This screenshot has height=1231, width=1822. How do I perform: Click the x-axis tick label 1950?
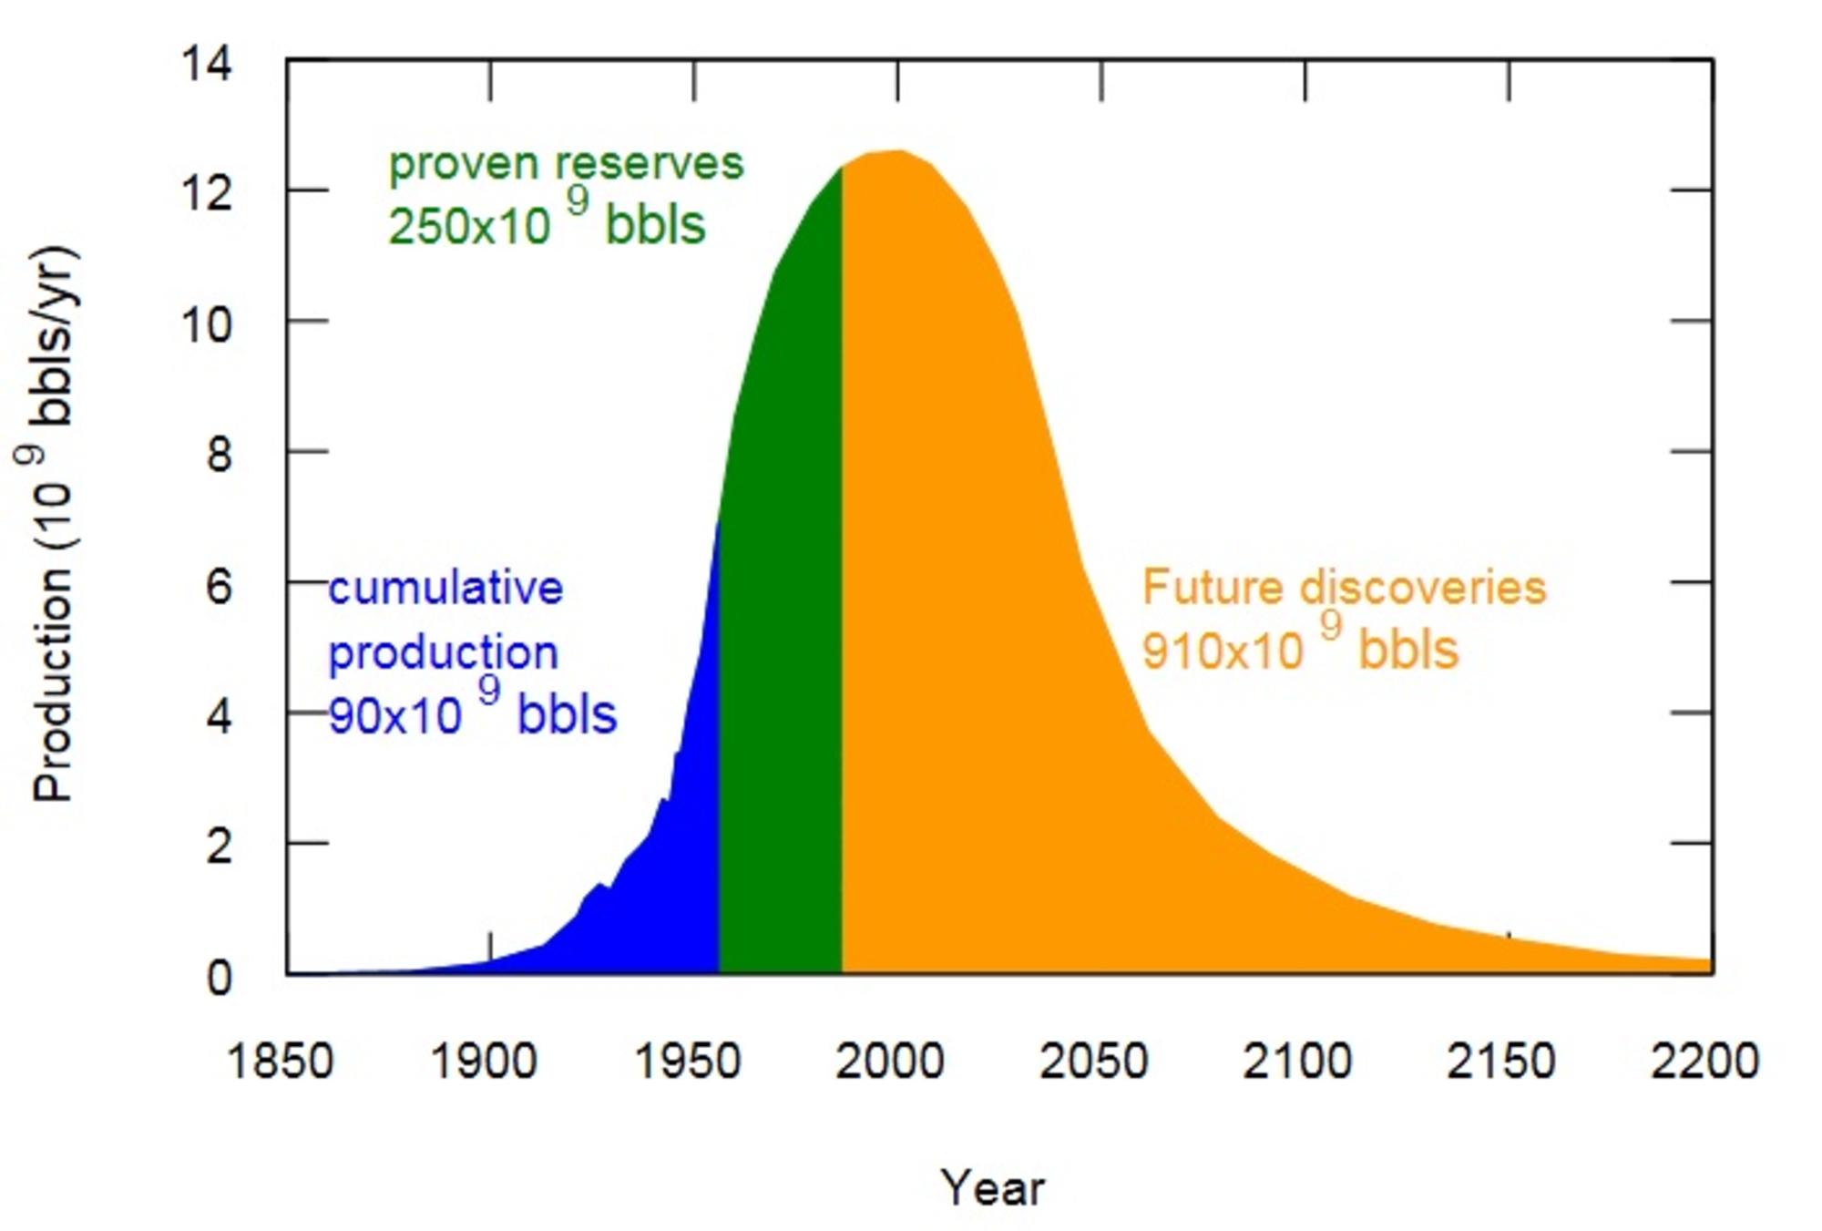[x=687, y=1062]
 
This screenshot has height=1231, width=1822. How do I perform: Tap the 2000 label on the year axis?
[x=890, y=1062]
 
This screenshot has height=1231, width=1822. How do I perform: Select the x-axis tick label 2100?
[x=1297, y=1062]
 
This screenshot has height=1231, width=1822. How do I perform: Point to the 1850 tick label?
[x=280, y=1062]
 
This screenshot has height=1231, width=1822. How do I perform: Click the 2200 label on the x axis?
[x=1704, y=1062]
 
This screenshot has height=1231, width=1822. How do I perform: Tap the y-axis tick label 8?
[x=219, y=454]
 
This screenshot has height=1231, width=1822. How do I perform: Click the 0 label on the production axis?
[x=219, y=978]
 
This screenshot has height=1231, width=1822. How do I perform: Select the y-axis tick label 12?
[x=207, y=194]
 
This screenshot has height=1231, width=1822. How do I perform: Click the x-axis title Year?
[x=993, y=1188]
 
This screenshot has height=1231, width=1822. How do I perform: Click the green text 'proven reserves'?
[x=566, y=165]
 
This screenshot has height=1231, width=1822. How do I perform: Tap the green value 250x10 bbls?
[x=547, y=223]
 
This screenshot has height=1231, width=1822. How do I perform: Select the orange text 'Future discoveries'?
[x=1344, y=588]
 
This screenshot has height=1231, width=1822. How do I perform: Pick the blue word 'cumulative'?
[x=445, y=588]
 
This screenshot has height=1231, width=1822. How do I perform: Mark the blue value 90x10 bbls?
[x=472, y=713]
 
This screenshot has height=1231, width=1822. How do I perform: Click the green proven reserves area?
[x=781, y=638]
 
